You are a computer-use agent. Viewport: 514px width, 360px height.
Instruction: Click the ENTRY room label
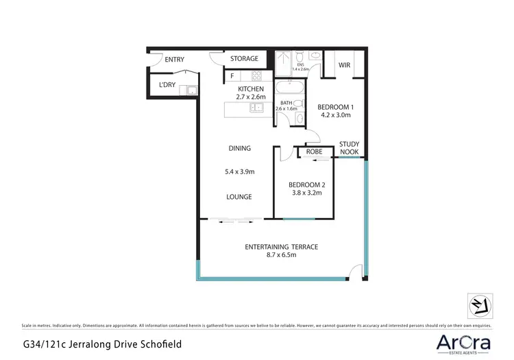point(174,60)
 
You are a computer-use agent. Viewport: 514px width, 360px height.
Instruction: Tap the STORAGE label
point(244,60)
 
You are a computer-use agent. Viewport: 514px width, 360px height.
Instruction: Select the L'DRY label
point(167,85)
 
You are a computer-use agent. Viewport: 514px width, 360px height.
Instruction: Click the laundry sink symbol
point(193,89)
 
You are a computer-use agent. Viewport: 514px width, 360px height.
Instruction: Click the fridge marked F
point(232,76)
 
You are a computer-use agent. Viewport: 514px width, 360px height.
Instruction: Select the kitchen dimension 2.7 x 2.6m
point(252,97)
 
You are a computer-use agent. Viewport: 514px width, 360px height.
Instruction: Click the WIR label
point(345,66)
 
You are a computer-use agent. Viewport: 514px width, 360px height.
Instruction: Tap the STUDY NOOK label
point(350,148)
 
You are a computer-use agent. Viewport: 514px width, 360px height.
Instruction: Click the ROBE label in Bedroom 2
point(315,152)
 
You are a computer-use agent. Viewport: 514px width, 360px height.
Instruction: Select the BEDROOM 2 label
point(306,185)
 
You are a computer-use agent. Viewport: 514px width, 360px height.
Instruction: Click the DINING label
point(239,148)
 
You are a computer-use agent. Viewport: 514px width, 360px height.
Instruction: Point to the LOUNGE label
point(239,197)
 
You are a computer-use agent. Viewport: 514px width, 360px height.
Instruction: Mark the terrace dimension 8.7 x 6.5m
point(281,255)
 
